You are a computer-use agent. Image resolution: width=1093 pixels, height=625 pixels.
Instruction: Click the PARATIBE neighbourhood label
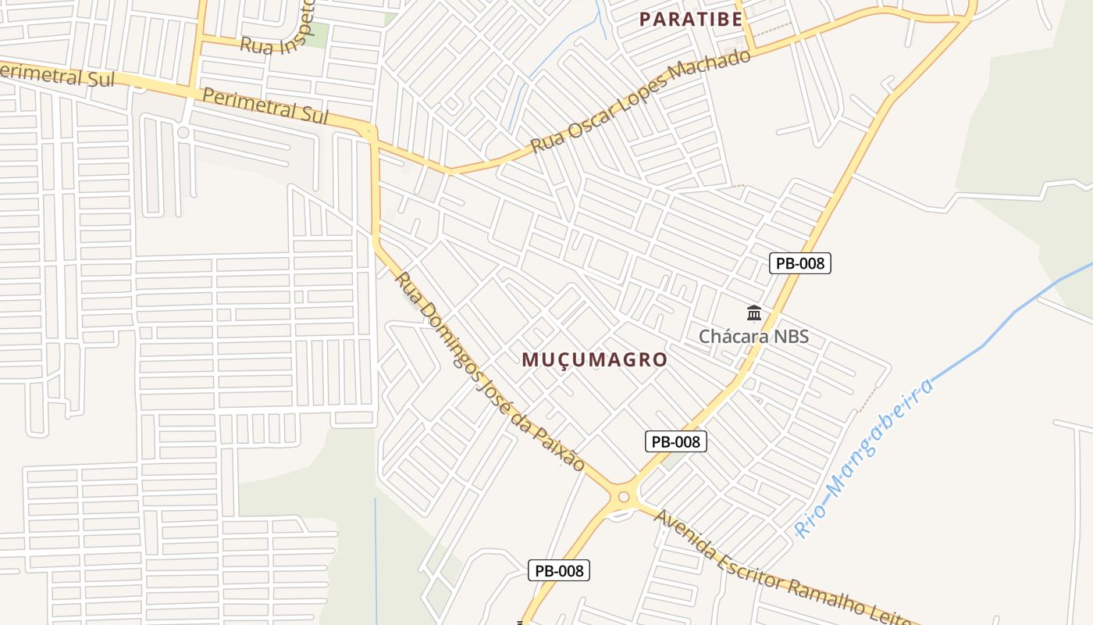pyautogui.click(x=690, y=20)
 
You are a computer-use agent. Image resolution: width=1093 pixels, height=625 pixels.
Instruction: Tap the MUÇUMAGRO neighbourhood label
pyautogui.click(x=594, y=359)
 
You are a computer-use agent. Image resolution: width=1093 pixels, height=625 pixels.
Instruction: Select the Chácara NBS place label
pyautogui.click(x=753, y=337)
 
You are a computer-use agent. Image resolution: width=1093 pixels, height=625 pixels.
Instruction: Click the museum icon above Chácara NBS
pyautogui.click(x=754, y=313)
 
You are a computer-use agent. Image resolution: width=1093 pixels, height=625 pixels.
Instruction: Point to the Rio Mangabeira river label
pyautogui.click(x=864, y=459)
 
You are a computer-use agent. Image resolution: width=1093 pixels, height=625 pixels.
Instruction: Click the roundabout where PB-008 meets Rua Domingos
pyautogui.click(x=623, y=496)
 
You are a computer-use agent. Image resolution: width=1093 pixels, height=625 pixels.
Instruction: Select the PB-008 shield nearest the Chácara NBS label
pyautogui.click(x=800, y=263)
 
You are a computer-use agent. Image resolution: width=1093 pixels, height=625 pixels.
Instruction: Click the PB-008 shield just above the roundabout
pyautogui.click(x=676, y=441)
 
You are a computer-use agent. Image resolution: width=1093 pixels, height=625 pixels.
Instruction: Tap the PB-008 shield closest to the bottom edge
pyautogui.click(x=559, y=570)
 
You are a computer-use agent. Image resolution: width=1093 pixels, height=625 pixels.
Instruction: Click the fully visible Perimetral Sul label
pyautogui.click(x=264, y=105)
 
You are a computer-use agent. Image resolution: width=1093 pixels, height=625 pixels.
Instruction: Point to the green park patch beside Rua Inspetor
pyautogui.click(x=316, y=34)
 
